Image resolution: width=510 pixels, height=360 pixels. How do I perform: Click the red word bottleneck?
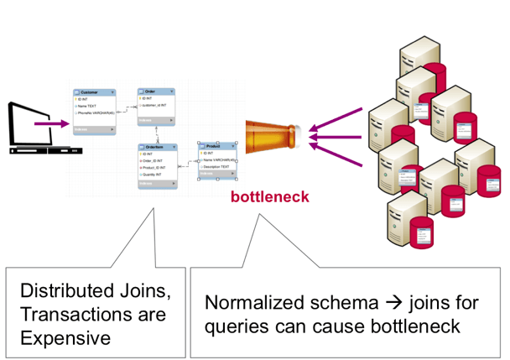270,198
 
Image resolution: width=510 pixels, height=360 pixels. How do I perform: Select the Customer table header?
92,91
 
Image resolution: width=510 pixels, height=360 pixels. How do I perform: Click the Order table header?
156,91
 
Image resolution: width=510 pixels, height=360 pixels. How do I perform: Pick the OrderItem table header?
158,147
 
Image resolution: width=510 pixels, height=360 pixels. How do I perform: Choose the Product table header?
216,145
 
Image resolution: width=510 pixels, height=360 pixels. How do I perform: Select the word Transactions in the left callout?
73,315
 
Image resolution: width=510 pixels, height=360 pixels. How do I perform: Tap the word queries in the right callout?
238,326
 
